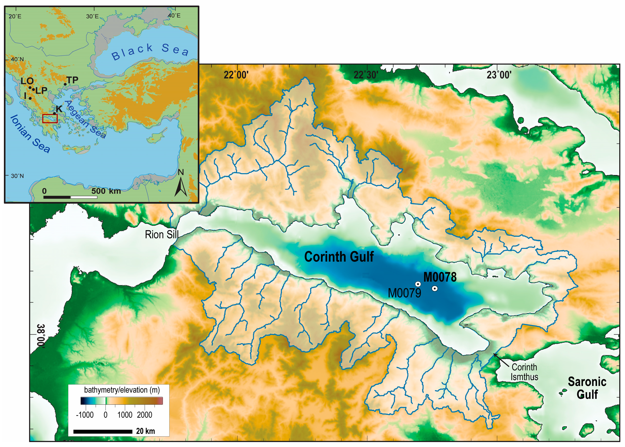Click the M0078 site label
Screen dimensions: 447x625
[440, 277]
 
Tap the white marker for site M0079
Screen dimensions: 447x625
[418, 284]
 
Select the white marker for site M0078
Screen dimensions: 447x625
[435, 288]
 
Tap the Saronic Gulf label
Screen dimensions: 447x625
[587, 388]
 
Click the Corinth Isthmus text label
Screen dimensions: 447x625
[524, 372]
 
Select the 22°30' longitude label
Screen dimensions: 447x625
[366, 75]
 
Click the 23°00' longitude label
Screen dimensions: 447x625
[499, 75]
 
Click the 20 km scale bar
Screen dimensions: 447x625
[103, 432]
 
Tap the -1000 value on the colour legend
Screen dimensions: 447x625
[85, 415]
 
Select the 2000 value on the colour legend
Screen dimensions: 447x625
[144, 415]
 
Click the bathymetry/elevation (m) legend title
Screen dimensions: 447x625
[122, 390]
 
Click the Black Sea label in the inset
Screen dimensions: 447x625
[150, 51]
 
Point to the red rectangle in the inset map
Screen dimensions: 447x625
[50, 119]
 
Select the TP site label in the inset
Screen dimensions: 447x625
[72, 80]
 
